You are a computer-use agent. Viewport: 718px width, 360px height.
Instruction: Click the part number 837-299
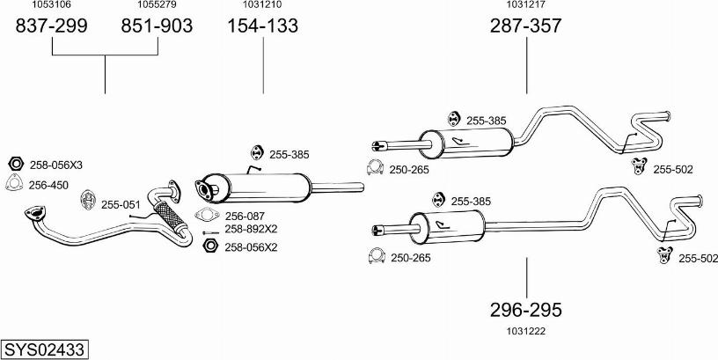point(52,26)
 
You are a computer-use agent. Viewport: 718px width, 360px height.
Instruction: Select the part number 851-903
point(157,26)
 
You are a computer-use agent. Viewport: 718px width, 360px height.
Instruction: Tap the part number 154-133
point(263,26)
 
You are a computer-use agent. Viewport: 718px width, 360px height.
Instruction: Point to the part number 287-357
point(526,26)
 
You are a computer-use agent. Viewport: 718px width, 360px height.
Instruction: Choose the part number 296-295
point(526,310)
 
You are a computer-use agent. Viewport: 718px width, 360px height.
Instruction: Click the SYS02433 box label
point(44,349)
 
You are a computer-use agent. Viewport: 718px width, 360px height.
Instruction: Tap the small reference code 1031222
point(526,330)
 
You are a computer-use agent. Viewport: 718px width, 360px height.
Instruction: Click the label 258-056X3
point(56,165)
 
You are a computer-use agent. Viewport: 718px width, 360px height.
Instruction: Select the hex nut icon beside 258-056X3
point(15,165)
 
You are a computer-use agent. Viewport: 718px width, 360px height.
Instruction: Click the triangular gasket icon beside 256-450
point(14,184)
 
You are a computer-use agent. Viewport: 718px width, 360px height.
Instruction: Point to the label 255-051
point(121,204)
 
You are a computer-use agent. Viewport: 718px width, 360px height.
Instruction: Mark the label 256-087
point(245,216)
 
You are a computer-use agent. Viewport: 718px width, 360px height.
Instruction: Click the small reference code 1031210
point(263,5)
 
